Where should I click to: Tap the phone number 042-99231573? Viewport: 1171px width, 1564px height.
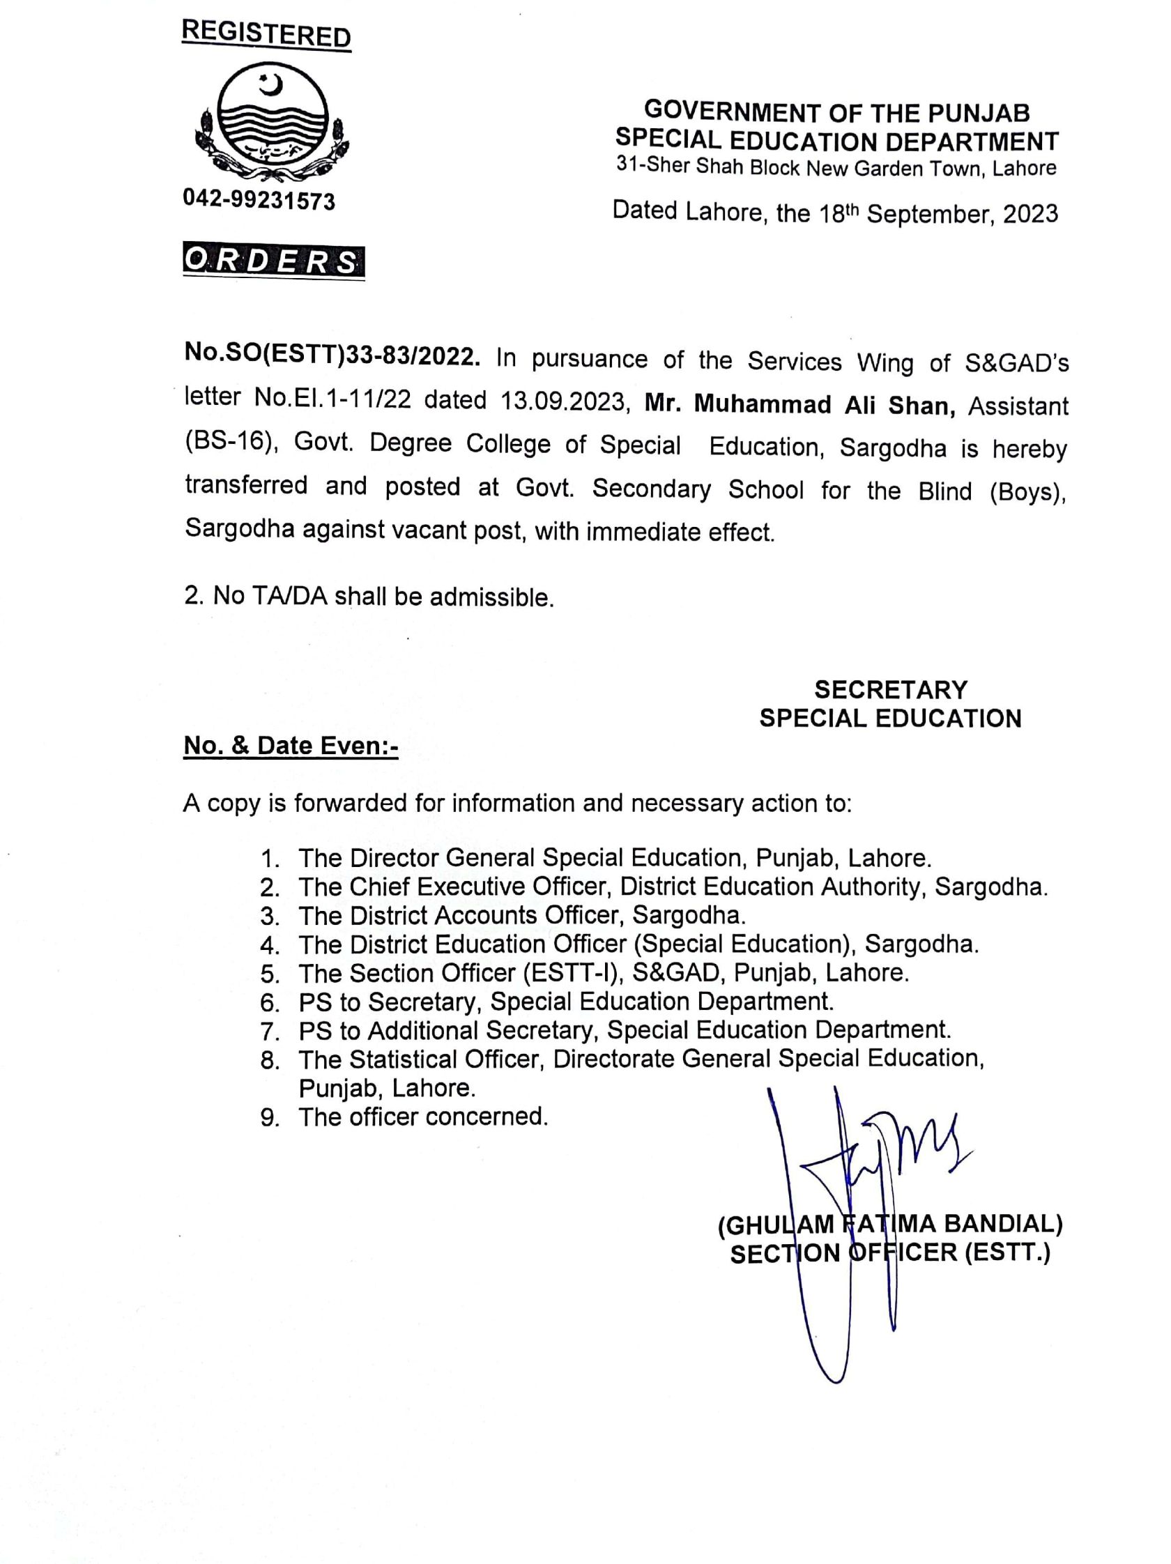point(259,200)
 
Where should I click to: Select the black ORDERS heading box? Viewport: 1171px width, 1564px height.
point(274,261)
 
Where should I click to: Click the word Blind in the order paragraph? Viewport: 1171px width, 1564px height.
point(944,490)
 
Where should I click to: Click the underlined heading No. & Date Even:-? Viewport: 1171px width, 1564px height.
point(291,746)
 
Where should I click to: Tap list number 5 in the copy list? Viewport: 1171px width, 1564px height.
point(269,974)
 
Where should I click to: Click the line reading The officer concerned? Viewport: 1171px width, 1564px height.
point(423,1117)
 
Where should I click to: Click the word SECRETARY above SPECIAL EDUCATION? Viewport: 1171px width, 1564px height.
point(890,689)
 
